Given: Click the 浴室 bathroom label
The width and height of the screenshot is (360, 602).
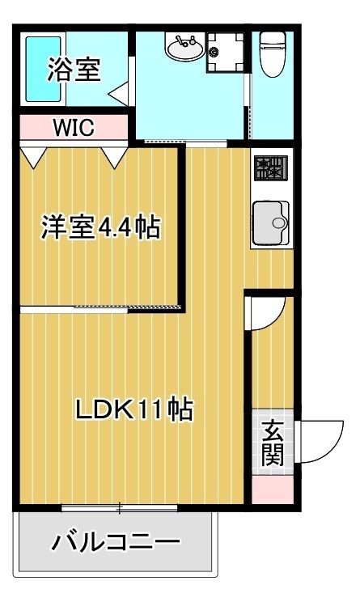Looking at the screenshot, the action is [x=74, y=70].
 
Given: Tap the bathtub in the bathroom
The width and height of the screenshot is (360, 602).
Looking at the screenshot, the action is [x=44, y=69].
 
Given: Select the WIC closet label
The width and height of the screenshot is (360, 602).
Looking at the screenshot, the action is [x=74, y=128].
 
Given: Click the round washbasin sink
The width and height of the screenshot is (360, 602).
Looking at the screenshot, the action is [x=185, y=47].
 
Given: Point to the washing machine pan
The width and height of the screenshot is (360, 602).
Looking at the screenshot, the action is [x=225, y=53].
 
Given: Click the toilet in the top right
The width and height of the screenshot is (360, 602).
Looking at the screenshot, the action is [x=273, y=54].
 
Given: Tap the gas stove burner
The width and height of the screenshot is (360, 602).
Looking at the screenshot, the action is [x=270, y=167].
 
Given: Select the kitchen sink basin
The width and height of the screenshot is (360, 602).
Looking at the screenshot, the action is [x=270, y=223].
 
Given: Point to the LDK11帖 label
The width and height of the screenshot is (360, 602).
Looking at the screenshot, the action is [x=134, y=409].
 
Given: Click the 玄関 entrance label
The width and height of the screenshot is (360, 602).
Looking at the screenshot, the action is [x=273, y=443].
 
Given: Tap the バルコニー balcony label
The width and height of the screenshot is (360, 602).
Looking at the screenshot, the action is [x=116, y=542].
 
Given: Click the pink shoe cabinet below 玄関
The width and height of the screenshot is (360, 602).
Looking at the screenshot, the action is [x=273, y=490].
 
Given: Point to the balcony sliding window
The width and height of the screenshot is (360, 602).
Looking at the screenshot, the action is [x=120, y=508].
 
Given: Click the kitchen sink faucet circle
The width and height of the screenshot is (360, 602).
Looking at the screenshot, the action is [x=277, y=223].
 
